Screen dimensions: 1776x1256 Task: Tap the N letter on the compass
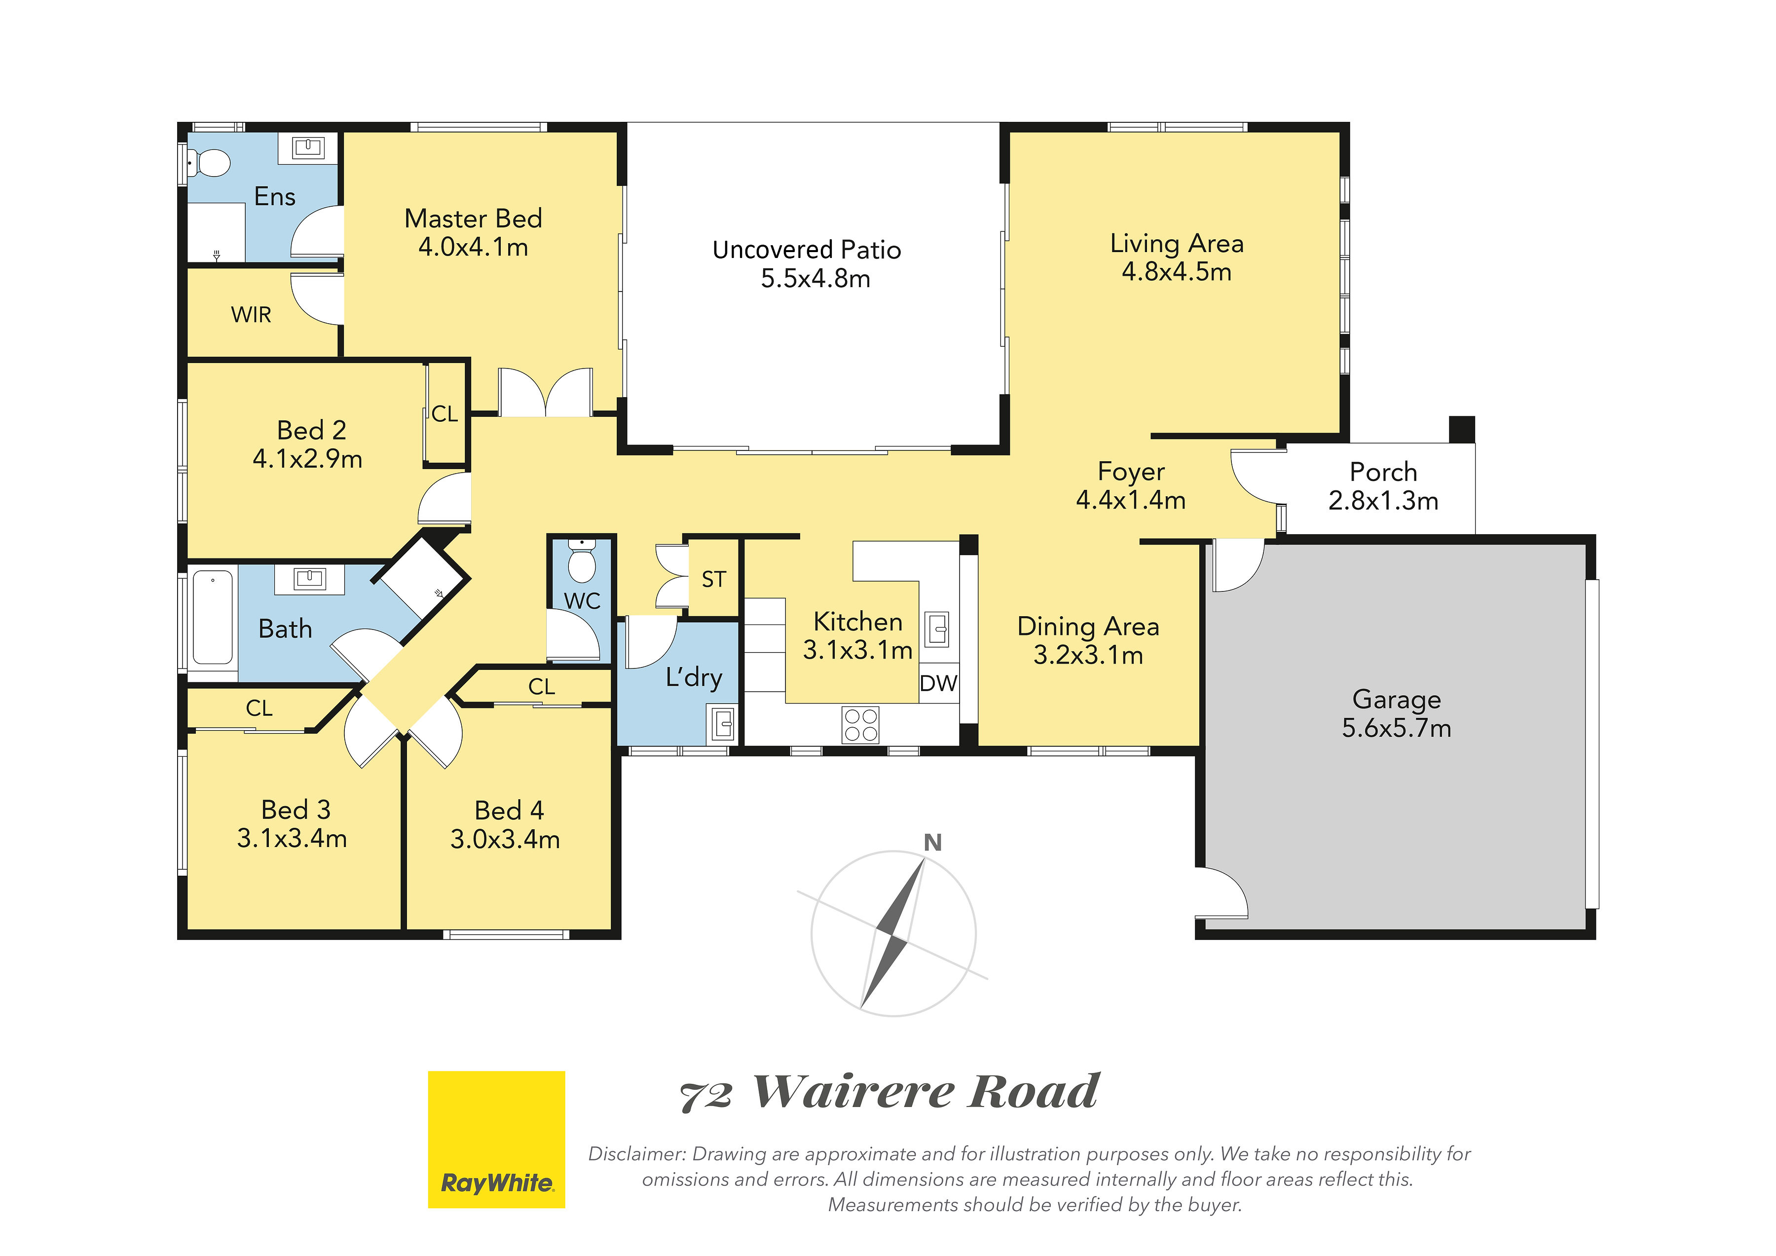pyautogui.click(x=933, y=842)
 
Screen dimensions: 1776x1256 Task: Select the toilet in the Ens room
pyautogui.click(x=209, y=164)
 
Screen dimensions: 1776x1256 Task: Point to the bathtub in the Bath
pyautogui.click(x=213, y=617)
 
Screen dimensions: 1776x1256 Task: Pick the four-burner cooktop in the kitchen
pyautogui.click(x=861, y=725)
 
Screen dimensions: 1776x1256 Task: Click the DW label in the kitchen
pyautogui.click(x=938, y=683)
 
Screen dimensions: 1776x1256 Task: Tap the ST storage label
pyautogui.click(x=713, y=579)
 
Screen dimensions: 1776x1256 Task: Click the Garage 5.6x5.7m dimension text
pyautogui.click(x=1396, y=728)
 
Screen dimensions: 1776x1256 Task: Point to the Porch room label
pyautogui.click(x=1383, y=472)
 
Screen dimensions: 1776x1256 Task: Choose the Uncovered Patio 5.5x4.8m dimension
pyautogui.click(x=815, y=278)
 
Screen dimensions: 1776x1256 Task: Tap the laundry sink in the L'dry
pyautogui.click(x=722, y=724)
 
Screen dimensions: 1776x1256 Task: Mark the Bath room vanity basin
pyautogui.click(x=309, y=579)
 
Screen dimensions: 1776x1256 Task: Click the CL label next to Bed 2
pyautogui.click(x=445, y=414)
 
